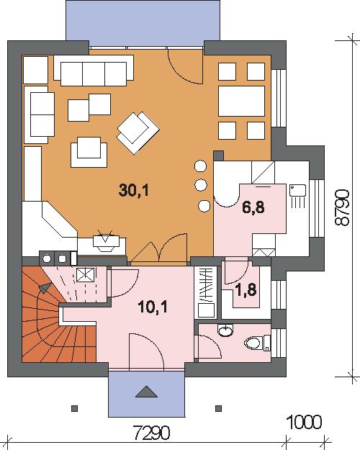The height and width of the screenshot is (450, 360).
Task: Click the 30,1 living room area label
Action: [x=134, y=190]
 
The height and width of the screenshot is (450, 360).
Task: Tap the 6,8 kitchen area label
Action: [x=253, y=207]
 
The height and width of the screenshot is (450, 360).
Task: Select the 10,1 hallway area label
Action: [x=153, y=307]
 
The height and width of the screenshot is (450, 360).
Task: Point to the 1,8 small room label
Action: [x=246, y=289]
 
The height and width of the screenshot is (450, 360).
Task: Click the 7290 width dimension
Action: [x=152, y=433]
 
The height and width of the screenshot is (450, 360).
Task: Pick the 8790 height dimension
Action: [x=343, y=207]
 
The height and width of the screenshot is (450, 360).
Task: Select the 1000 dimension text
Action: [x=305, y=422]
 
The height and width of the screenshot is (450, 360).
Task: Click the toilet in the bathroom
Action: [x=257, y=343]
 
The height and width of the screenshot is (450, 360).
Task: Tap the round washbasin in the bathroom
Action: [x=225, y=330]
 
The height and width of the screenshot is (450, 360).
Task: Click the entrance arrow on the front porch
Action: [x=146, y=392]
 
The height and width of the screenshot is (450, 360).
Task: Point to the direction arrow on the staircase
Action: [x=45, y=288]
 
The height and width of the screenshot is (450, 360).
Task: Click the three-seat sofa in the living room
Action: [x=94, y=71]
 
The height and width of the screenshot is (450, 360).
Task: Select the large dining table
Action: [x=241, y=101]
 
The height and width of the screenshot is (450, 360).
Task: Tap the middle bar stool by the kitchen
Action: [x=201, y=185]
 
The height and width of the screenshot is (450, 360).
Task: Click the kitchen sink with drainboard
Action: [x=297, y=197]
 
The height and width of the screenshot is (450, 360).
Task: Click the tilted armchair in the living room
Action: [x=138, y=133]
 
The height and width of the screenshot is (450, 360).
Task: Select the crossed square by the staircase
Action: [x=86, y=274]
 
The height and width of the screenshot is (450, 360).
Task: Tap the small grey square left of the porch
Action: [x=74, y=408]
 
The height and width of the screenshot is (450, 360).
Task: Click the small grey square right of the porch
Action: [x=218, y=408]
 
